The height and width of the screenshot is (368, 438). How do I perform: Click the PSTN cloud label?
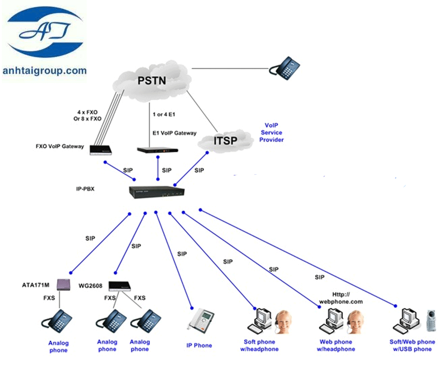point(152,80)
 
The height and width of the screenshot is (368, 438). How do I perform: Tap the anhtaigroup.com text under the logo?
point(44,71)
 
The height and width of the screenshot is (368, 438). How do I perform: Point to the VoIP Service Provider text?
point(271,133)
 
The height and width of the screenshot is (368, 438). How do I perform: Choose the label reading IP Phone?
point(199,346)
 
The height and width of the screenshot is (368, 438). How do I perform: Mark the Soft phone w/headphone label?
point(261,346)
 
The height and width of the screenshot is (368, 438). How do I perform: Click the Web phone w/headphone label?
point(336,346)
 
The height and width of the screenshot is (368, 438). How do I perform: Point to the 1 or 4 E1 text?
point(165,114)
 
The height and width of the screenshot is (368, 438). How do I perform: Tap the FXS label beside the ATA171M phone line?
point(50,297)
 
